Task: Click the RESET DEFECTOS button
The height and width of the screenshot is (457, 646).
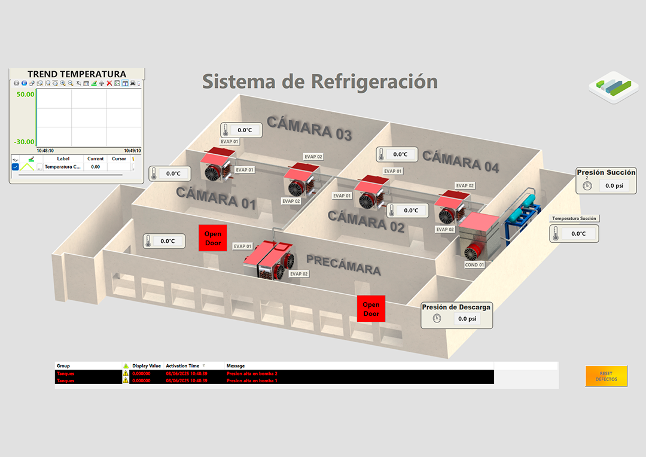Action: [x=606, y=376]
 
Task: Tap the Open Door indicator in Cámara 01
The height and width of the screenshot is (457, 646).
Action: [x=212, y=238]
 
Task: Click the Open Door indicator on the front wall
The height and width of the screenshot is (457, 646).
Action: [x=371, y=309]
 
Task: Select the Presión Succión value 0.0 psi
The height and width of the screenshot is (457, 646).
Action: [x=614, y=185]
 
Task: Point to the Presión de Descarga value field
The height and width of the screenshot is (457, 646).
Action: [x=467, y=319]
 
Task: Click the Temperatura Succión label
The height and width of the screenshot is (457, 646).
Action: [x=574, y=218]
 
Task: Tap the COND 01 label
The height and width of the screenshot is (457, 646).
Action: [x=474, y=264]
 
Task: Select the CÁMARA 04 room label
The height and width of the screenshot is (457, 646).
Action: [x=460, y=161]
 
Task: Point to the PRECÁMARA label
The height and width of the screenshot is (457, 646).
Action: [x=343, y=264]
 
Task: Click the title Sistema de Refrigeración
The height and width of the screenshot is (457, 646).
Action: [x=319, y=81]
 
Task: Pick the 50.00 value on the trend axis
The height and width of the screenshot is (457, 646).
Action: [x=25, y=95]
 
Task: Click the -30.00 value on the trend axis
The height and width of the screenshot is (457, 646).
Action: [x=25, y=142]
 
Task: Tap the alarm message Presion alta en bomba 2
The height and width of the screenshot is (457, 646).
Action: [x=252, y=373]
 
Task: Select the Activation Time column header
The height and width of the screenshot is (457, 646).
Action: [x=182, y=365]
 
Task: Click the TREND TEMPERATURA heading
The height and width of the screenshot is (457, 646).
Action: [x=77, y=74]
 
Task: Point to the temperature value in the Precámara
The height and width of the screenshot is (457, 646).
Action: [x=168, y=241]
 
